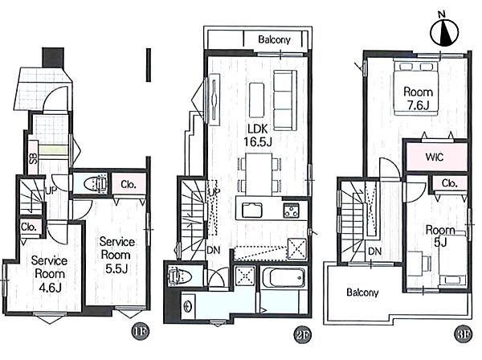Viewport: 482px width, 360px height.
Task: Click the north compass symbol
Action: click(444, 31)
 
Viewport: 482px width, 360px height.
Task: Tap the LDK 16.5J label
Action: click(258, 135)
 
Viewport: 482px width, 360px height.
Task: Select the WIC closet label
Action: click(435, 157)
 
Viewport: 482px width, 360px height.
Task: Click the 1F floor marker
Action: click(141, 331)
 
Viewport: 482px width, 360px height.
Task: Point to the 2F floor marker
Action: click(303, 333)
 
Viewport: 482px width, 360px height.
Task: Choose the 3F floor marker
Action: click(463, 333)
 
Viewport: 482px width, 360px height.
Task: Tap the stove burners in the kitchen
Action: click(291, 211)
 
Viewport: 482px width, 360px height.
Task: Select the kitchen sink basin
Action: click(251, 211)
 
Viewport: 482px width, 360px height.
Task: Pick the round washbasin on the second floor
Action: click(187, 306)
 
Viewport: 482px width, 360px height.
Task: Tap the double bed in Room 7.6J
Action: click(416, 88)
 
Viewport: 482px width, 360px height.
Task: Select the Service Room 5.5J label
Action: click(116, 255)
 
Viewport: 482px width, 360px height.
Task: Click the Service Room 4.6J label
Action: click(50, 274)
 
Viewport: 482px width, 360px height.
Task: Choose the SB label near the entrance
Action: click(33, 157)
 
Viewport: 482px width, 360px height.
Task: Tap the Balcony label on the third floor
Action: click(362, 292)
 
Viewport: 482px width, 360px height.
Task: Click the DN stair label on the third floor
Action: click(374, 252)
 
